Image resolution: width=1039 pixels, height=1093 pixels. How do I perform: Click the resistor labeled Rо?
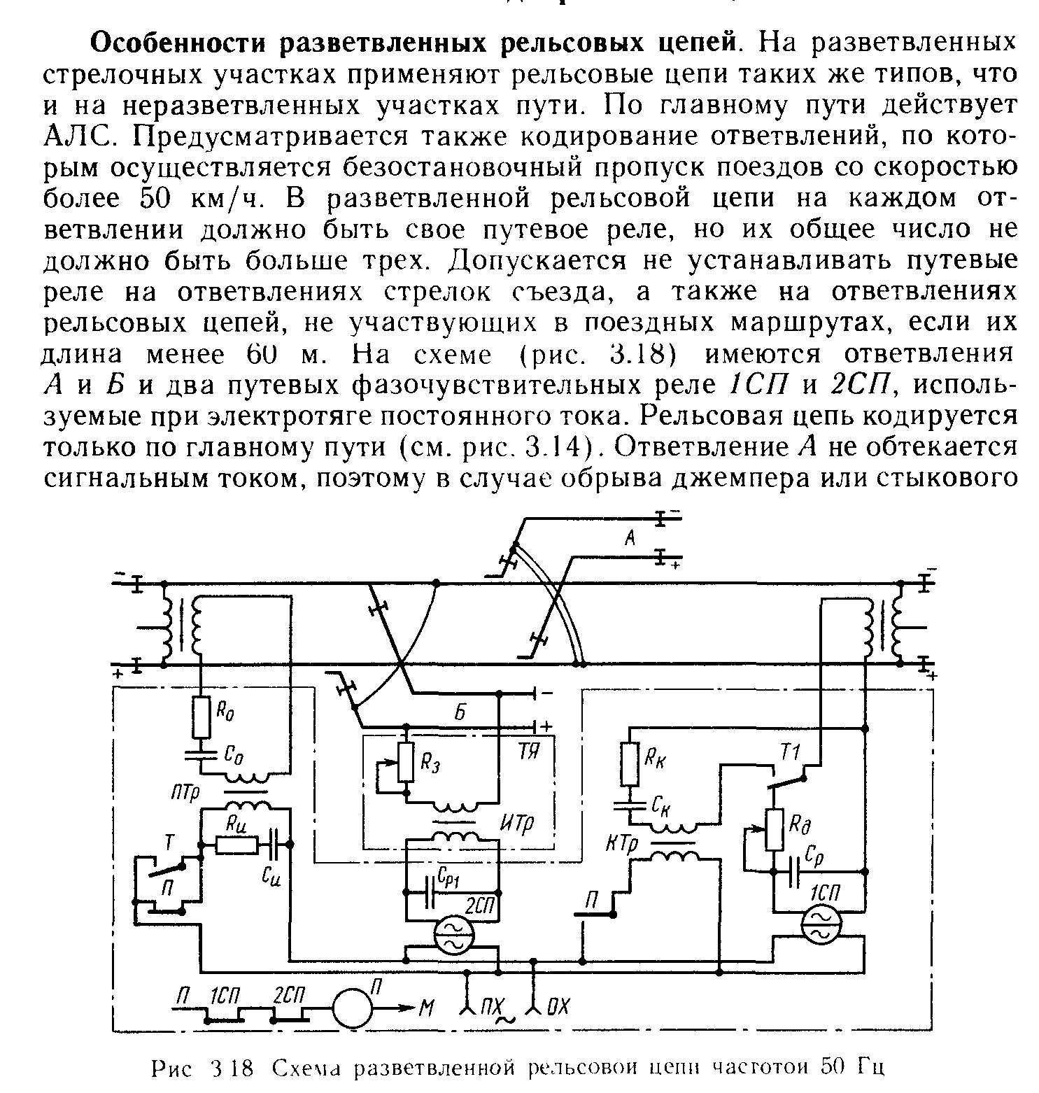pyautogui.click(x=202, y=717)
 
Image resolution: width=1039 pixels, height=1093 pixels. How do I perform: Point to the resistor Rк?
pyautogui.click(x=630, y=764)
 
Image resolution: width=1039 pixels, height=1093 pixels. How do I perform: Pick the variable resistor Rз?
pyautogui.click(x=405, y=762)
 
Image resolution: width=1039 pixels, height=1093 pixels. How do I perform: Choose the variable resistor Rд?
pyautogui.click(x=774, y=829)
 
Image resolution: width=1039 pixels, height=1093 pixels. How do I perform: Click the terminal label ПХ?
pyautogui.click(x=493, y=1008)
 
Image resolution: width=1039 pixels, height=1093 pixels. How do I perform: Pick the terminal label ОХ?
pyautogui.click(x=558, y=1008)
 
